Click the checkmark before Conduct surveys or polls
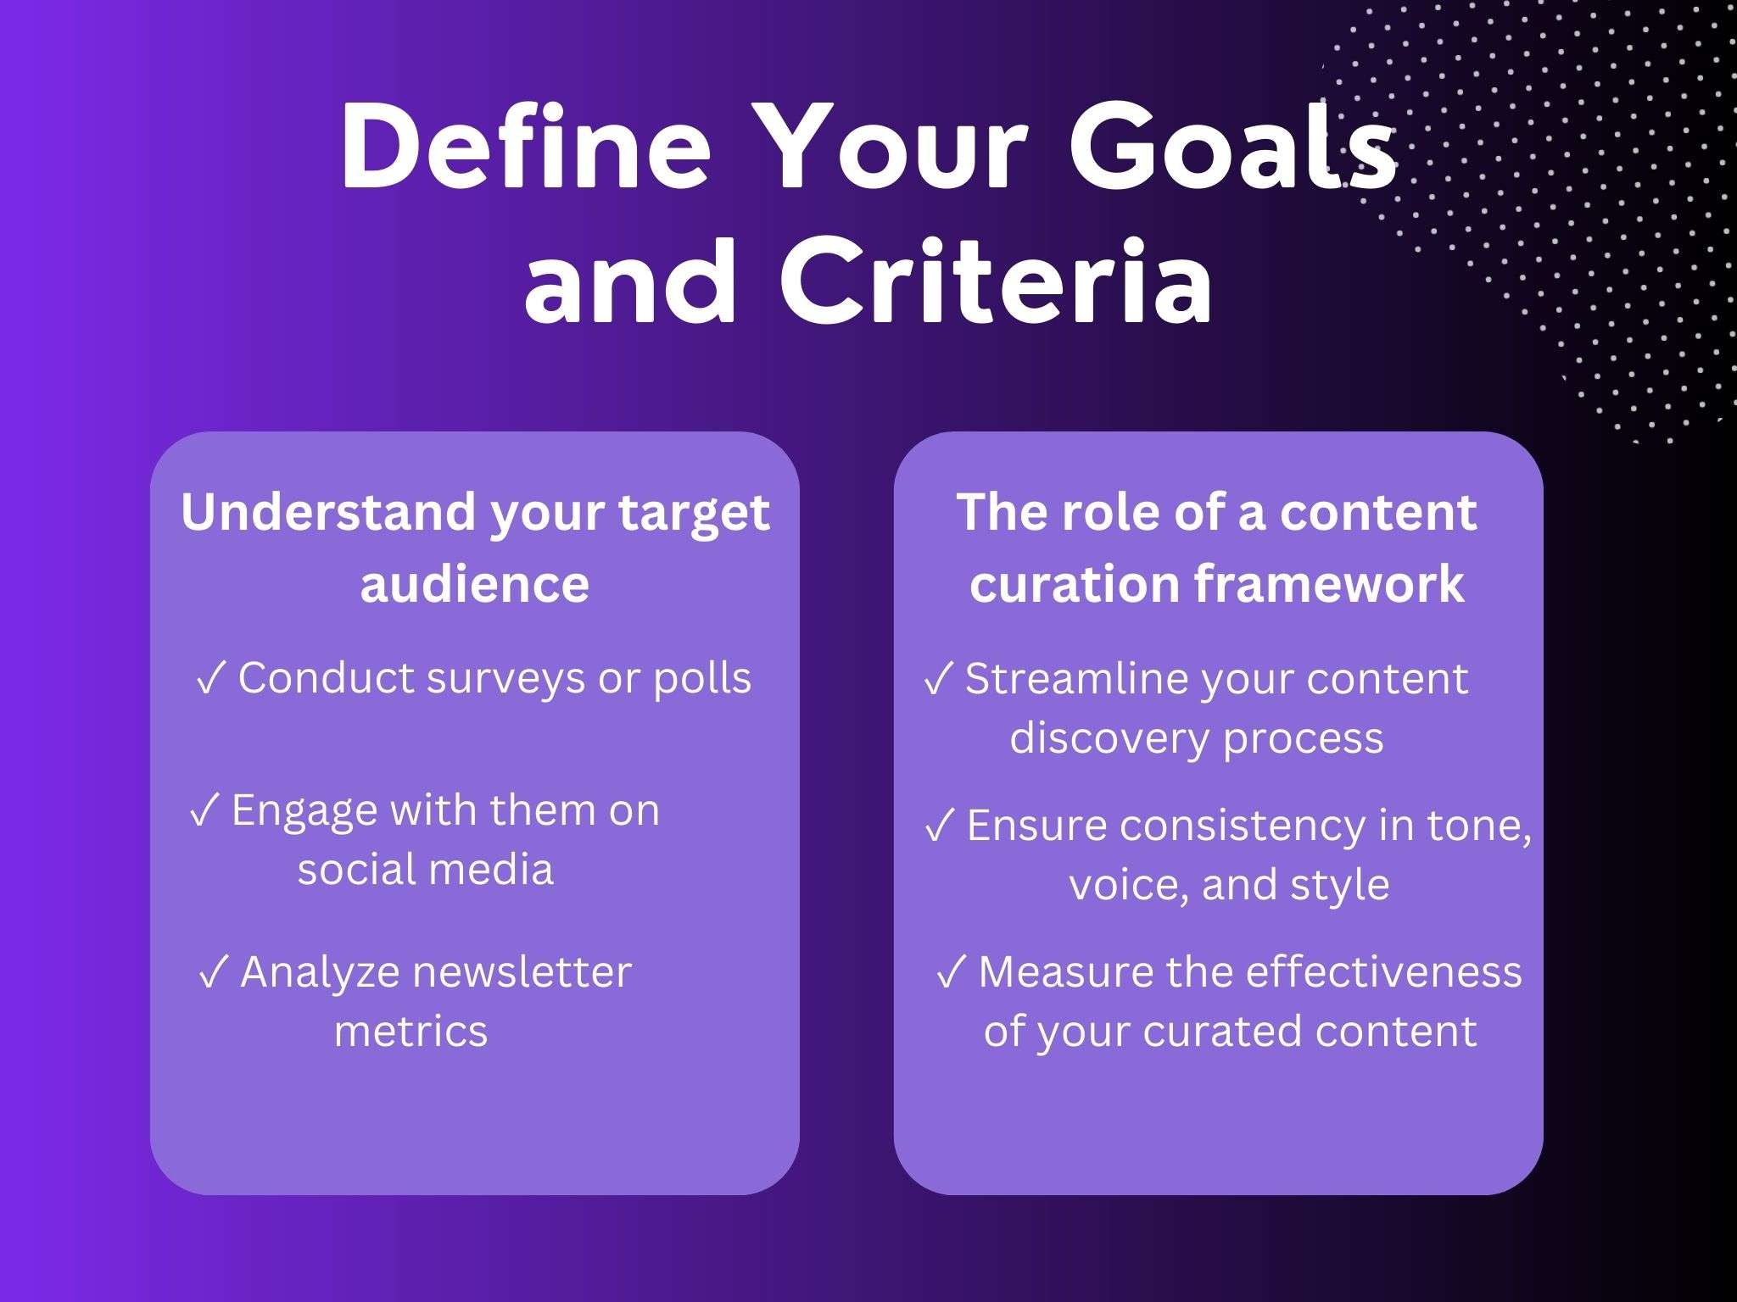tap(210, 679)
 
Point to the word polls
tap(702, 679)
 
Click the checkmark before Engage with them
tap(204, 811)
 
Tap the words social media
tap(425, 870)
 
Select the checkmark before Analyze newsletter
tap(214, 973)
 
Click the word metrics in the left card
tap(411, 1032)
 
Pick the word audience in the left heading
tap(474, 584)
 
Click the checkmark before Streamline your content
tap(938, 679)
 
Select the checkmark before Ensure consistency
tap(940, 826)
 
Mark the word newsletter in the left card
tap(521, 973)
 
